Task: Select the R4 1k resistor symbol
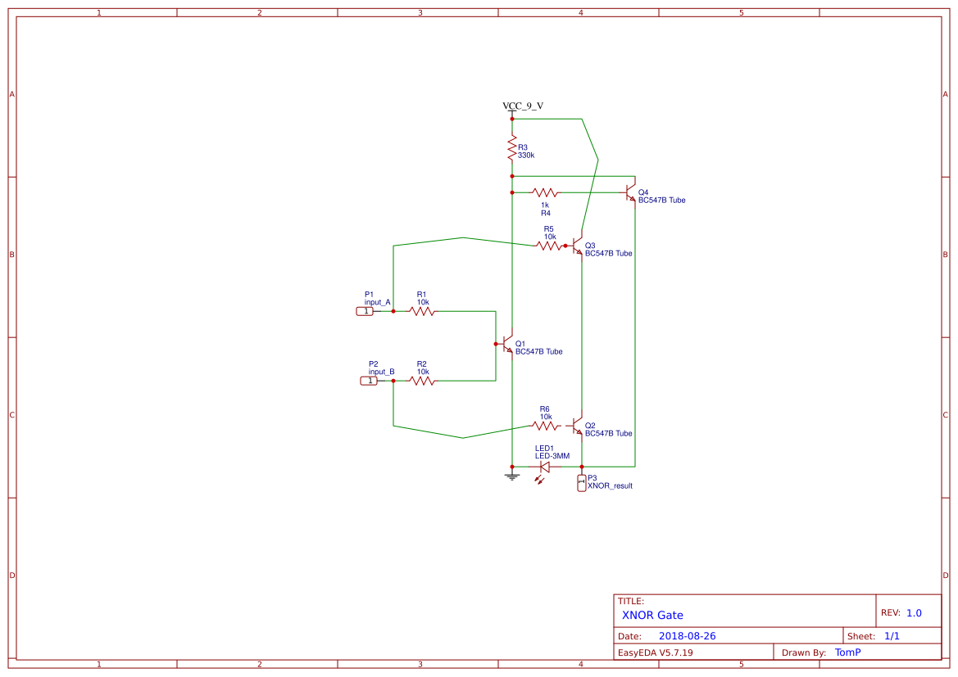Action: (x=545, y=193)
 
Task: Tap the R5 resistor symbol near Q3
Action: (x=548, y=246)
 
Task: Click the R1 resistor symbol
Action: (x=422, y=312)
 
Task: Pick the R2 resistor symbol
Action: (x=422, y=381)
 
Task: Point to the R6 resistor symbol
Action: (x=544, y=426)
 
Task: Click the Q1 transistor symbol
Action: (x=508, y=345)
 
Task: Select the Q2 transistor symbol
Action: (x=578, y=427)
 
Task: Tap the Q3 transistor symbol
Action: (x=578, y=246)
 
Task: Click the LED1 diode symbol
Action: (x=543, y=467)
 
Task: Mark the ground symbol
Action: (x=512, y=476)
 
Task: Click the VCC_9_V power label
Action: (x=523, y=106)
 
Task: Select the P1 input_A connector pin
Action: (x=365, y=312)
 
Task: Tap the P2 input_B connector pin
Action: (x=370, y=381)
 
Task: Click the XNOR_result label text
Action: (x=610, y=486)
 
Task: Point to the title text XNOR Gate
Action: (x=652, y=615)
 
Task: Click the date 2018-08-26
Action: (x=687, y=636)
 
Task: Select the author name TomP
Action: (x=847, y=652)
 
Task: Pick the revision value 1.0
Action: (x=914, y=612)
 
